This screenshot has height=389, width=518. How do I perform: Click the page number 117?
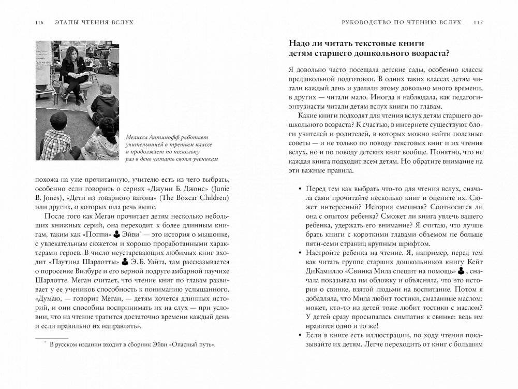point(478,22)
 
